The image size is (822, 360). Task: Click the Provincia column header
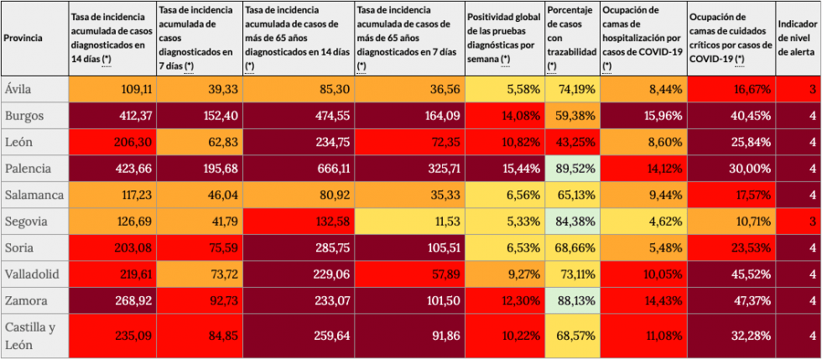[23, 38]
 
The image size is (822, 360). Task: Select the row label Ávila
[18, 89]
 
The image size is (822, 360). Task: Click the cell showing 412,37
[112, 115]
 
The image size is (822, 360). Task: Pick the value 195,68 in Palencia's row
[198, 169]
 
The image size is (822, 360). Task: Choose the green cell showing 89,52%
[572, 169]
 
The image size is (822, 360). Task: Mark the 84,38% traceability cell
[572, 222]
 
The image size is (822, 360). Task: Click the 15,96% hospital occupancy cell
[643, 115]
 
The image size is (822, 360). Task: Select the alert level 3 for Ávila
[799, 89]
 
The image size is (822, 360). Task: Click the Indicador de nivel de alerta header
[799, 38]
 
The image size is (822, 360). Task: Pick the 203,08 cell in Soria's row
[112, 248]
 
